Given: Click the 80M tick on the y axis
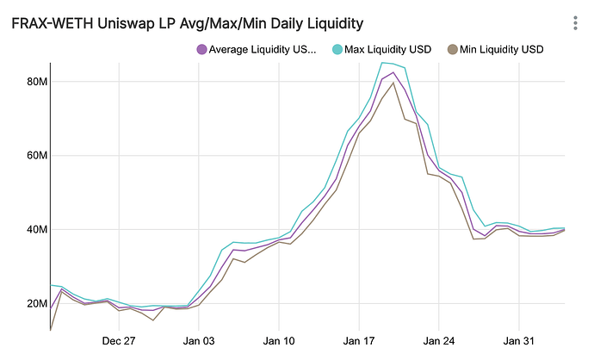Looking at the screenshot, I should [x=35, y=81].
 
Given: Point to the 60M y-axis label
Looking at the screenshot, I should [x=35, y=155].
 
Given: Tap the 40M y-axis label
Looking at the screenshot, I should [x=35, y=229].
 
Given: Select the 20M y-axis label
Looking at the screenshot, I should [x=35, y=303].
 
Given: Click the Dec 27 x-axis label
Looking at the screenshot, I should [x=119, y=341].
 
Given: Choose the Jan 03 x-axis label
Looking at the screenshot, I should [x=199, y=341].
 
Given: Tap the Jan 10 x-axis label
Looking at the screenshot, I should [x=279, y=341].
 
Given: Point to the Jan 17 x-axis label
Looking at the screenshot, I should [x=359, y=341].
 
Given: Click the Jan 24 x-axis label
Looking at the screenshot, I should [x=439, y=341].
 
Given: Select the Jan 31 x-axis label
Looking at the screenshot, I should [x=519, y=341].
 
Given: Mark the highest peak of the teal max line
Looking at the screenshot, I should [x=383, y=62].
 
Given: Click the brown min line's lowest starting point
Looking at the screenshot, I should [x=51, y=329].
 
